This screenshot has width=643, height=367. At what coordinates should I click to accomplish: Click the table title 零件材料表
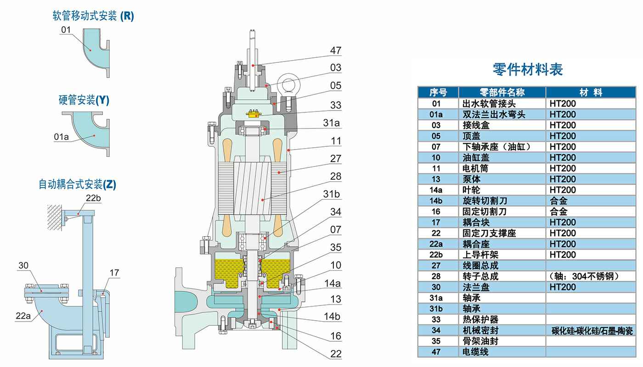(527, 69)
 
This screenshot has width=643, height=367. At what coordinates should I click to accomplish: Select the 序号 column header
(437, 92)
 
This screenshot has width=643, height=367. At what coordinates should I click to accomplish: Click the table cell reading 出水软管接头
(489, 103)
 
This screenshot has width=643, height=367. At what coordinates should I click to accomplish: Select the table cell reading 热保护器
(480, 320)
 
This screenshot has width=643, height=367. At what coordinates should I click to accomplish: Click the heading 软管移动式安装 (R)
(93, 17)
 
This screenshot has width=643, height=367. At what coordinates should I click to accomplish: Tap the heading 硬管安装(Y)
(84, 100)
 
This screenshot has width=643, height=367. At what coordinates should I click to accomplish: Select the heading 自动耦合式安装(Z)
(77, 184)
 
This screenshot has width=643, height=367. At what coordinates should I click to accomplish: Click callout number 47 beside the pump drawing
(336, 50)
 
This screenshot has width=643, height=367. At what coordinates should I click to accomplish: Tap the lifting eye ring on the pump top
(290, 86)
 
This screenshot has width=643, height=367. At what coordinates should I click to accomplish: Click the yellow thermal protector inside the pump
(254, 113)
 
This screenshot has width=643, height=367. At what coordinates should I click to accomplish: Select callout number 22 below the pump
(336, 354)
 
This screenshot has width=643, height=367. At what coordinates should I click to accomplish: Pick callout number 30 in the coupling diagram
(23, 266)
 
